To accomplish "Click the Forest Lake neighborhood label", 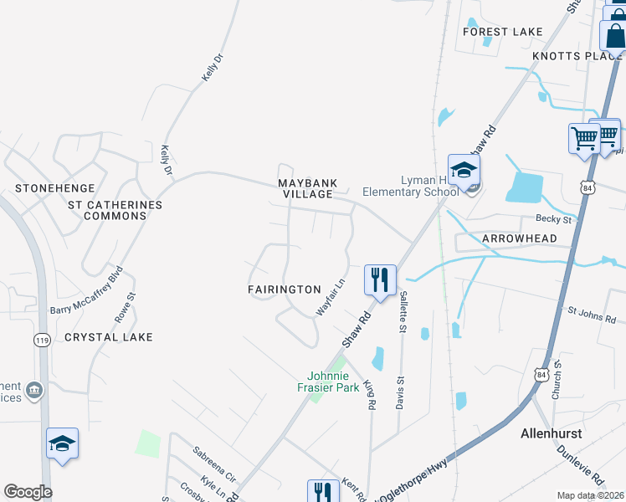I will point(502,32).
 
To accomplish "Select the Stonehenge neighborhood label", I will point(54,188).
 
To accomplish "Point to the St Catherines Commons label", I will point(115,210).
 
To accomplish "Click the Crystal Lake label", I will point(109,337).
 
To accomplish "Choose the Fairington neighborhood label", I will point(285,289).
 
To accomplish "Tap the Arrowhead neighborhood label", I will point(520,238).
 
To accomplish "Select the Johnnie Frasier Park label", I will point(328,382).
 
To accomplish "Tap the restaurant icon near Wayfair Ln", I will point(380,279).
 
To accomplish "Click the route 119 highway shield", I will point(41,339).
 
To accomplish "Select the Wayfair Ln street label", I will point(330,298).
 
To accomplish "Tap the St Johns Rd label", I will point(592,315).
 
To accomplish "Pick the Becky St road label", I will point(553,219).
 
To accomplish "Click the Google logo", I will point(28,492).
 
